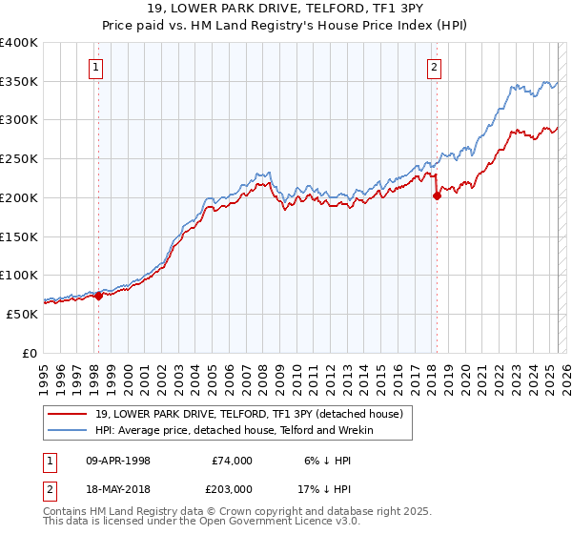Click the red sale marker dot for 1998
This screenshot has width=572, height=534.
pos(98,296)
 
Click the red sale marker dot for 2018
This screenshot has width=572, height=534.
pos(437,196)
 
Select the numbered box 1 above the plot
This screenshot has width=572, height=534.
pos(97,67)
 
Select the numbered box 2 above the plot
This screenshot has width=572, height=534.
pos(435,67)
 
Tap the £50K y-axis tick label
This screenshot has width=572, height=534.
pos(23,314)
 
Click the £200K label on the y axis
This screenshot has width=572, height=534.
pos(19,197)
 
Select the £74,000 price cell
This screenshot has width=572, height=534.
pos(233,461)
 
